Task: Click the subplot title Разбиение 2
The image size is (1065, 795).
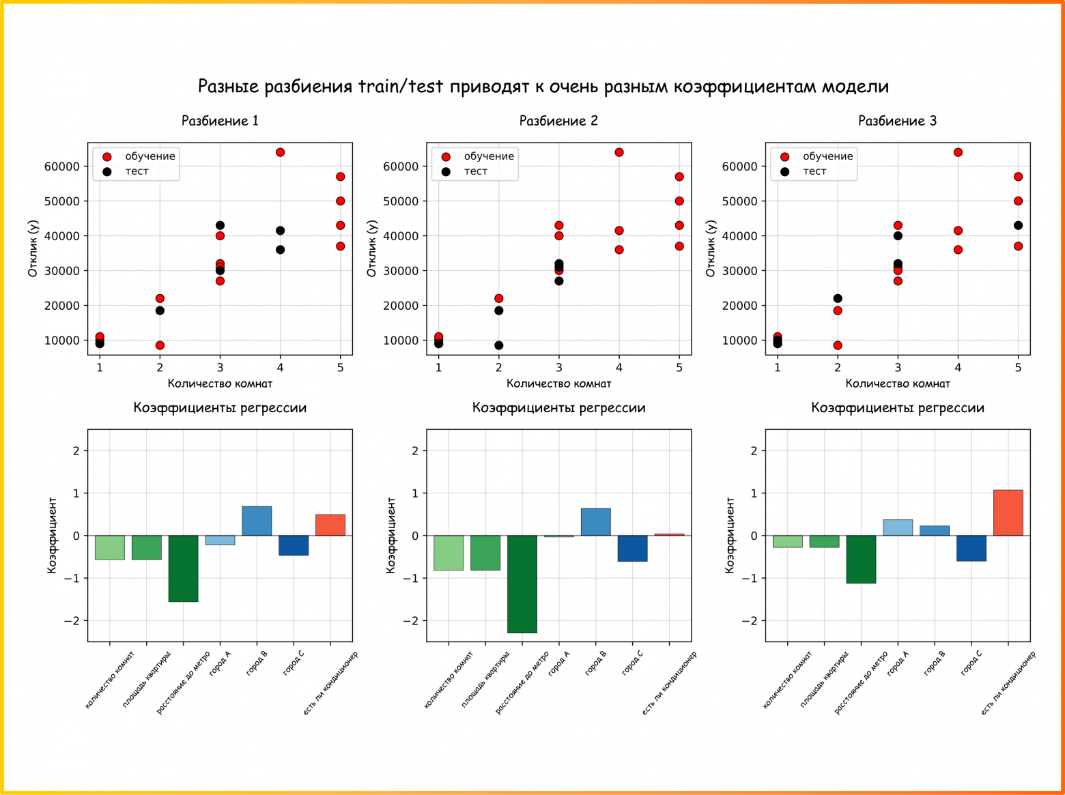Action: point(558,121)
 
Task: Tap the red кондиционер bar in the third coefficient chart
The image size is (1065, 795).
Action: point(1008,512)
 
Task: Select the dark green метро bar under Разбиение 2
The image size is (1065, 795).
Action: point(522,583)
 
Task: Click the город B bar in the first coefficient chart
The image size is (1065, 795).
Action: point(257,521)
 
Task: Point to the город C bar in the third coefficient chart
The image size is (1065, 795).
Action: point(971,548)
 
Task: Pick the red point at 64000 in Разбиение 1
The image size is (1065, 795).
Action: point(280,152)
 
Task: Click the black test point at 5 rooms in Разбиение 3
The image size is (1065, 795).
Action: point(1018,225)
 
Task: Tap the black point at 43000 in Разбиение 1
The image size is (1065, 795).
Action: point(220,225)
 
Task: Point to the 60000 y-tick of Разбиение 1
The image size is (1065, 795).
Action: point(61,167)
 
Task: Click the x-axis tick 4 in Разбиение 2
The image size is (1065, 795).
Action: point(619,368)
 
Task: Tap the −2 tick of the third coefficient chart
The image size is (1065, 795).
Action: point(748,621)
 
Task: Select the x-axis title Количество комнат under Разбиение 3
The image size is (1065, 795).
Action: point(897,384)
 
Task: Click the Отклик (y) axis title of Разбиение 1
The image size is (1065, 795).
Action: point(33,249)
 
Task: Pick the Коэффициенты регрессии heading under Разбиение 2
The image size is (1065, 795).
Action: point(558,408)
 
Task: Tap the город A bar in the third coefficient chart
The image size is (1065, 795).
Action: point(898,527)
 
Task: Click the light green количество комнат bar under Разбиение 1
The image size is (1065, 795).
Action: point(109,547)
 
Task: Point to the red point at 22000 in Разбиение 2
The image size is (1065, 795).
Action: point(498,298)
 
